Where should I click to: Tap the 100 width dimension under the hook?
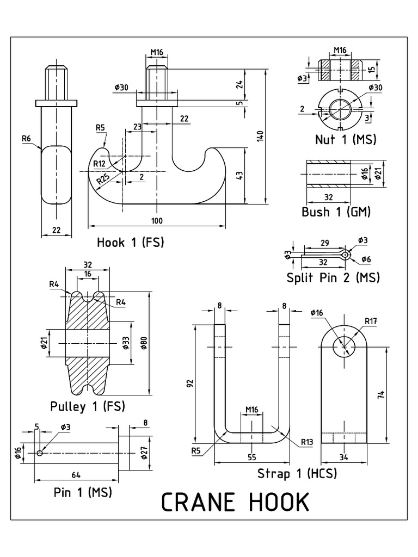pos(157,220)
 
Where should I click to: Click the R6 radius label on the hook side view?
pos(26,139)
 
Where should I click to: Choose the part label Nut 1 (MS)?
pos(346,139)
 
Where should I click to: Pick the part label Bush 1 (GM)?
pos(336,212)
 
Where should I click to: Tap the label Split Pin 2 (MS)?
pos(333,277)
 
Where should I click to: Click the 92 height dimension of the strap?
pos(189,383)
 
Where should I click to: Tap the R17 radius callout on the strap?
pos(372,320)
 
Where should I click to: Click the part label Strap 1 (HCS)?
pos(297,473)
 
